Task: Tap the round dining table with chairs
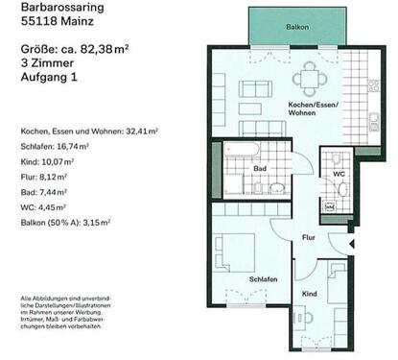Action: pos(310,79)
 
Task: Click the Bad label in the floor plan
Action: pos(259,168)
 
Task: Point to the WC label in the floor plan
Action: pos(339,174)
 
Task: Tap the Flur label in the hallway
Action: pos(309,237)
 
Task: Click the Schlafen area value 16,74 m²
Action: pos(74,147)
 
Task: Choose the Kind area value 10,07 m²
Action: pos(62,162)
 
